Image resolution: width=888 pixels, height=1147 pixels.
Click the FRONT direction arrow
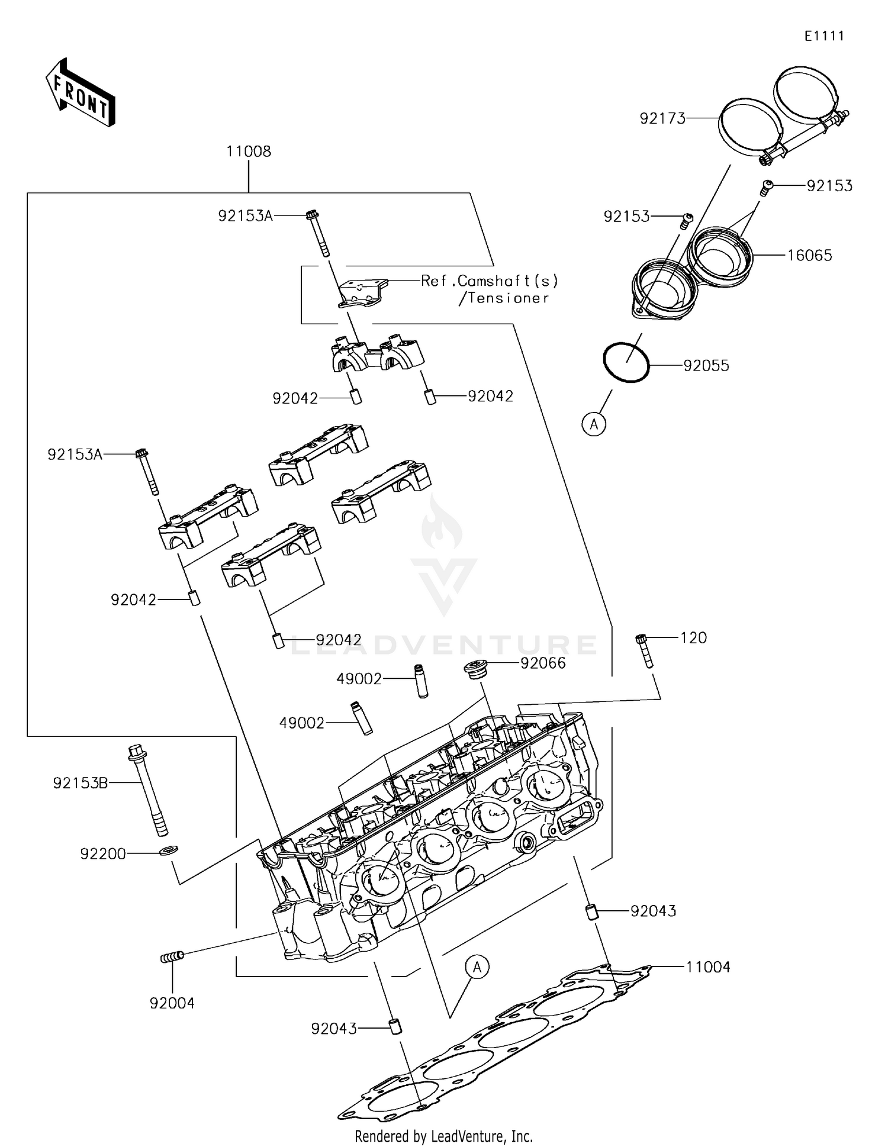pyautogui.click(x=80, y=94)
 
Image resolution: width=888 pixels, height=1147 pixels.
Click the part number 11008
pyautogui.click(x=249, y=152)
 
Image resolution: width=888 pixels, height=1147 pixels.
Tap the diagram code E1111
pyautogui.click(x=824, y=36)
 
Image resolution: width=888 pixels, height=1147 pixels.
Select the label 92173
pyautogui.click(x=662, y=118)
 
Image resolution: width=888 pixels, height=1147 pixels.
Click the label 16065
pyautogui.click(x=809, y=256)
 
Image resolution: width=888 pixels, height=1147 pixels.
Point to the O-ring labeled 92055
pyautogui.click(x=626, y=362)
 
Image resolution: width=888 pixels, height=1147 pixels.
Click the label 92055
pyautogui.click(x=706, y=366)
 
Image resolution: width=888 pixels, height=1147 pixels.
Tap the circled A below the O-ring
pyautogui.click(x=594, y=424)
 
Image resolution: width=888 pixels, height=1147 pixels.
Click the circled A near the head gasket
pyautogui.click(x=477, y=967)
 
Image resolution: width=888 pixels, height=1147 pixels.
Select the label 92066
pyautogui.click(x=543, y=663)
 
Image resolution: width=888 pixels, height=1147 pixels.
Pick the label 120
pyautogui.click(x=693, y=638)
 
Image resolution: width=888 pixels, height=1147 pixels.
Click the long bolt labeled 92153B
pyautogui.click(x=148, y=790)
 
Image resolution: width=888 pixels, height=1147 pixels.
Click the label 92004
pyautogui.click(x=172, y=1003)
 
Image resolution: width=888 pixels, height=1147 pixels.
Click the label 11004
pyautogui.click(x=708, y=967)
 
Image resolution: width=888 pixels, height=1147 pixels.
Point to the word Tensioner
pyautogui.click(x=508, y=298)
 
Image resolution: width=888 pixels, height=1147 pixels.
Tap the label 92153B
pyautogui.click(x=81, y=783)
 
